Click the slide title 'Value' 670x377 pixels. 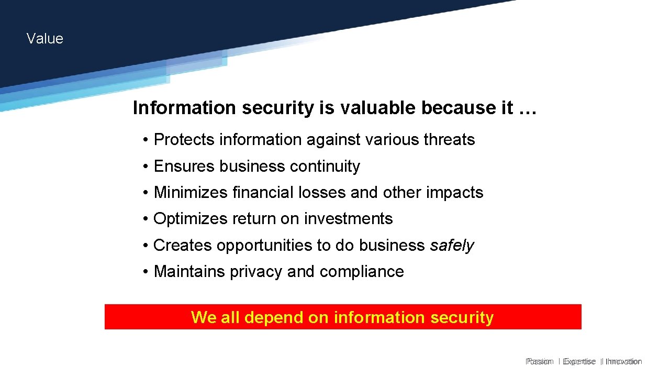[44, 39]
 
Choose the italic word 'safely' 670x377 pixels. [452, 246]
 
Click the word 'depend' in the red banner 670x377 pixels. [270, 317]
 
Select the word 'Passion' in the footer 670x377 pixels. [540, 361]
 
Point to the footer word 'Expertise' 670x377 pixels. [579, 361]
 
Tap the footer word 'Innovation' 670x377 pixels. [623, 361]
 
